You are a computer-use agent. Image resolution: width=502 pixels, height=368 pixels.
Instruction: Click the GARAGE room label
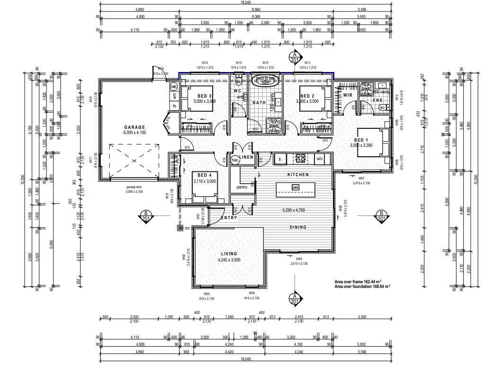tap(134, 127)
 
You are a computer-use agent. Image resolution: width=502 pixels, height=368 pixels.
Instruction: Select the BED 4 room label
tap(205, 175)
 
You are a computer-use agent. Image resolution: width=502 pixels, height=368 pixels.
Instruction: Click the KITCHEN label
tap(298, 175)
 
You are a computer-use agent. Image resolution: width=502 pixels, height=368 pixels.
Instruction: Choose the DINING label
tap(298, 227)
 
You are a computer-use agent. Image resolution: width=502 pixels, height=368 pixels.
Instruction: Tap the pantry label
tap(242, 187)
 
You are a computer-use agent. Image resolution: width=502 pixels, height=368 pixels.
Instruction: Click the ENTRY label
tap(229, 218)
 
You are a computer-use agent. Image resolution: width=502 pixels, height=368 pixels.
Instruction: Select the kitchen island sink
tap(295, 188)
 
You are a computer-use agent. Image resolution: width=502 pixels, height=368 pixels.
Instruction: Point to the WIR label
tap(348, 95)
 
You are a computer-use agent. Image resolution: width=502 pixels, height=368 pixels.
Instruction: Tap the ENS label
tap(377, 100)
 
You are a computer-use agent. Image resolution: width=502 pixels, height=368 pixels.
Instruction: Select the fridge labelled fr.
tap(280, 160)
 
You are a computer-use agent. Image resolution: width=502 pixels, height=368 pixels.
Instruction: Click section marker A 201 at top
tap(295, 57)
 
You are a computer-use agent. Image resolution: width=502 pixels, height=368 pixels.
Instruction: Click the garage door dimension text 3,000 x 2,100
tap(134, 192)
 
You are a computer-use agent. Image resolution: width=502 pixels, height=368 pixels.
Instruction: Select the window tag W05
tap(299, 259)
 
